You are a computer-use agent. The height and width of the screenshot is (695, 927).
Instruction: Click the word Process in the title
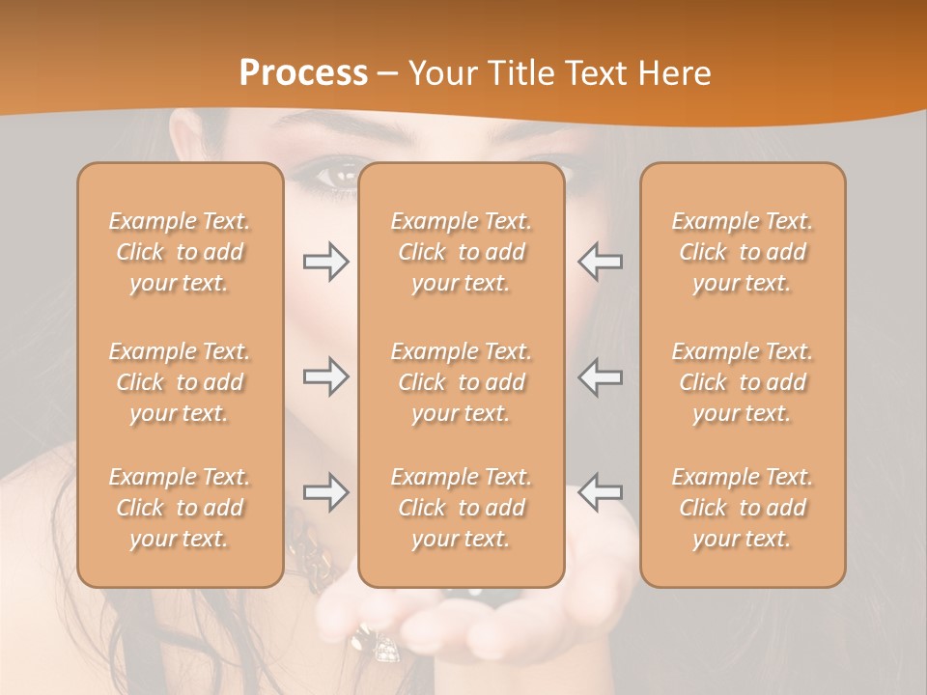pos(303,73)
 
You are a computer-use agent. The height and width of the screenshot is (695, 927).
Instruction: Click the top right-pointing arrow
pos(325,262)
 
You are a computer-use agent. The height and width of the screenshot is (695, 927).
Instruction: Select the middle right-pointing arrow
pos(325,376)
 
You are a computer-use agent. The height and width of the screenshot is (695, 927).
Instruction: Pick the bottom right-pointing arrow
pos(325,492)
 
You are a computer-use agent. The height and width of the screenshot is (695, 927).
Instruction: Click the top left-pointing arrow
pos(600,262)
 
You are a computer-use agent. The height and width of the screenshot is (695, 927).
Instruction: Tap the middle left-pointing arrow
pos(600,376)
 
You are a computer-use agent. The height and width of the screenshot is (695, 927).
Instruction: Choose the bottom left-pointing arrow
pos(600,492)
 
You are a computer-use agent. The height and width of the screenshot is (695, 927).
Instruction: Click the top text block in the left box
pos(180,252)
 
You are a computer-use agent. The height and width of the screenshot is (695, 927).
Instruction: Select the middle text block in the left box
pos(180,382)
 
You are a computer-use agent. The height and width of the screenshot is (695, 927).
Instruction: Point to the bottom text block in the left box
pos(180,508)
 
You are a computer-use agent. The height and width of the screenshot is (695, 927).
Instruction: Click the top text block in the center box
pos(462,252)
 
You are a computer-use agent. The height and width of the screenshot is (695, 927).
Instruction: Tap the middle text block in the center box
pos(462,382)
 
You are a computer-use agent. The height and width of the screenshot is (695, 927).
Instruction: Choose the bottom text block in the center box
pos(462,508)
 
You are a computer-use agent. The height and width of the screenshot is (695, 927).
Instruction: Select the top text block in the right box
pos(743,252)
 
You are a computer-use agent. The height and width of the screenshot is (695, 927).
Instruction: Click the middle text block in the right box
pos(743,382)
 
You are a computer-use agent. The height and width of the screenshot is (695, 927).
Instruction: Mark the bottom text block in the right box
pos(743,508)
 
